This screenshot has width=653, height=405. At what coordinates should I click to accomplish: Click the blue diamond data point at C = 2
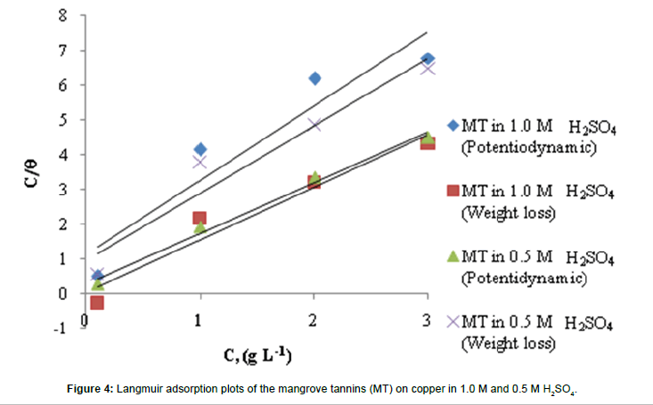[314, 78]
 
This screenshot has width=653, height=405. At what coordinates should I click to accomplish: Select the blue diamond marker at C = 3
[428, 60]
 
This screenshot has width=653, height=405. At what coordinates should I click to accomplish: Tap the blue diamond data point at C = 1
[200, 150]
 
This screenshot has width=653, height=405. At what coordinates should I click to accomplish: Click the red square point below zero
[96, 303]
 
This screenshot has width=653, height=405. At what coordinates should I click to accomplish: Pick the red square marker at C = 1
[200, 218]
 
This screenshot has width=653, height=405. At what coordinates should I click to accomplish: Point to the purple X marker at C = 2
[314, 125]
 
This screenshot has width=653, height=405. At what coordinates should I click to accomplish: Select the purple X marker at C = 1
[200, 162]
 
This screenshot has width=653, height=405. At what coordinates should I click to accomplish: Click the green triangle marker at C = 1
[200, 228]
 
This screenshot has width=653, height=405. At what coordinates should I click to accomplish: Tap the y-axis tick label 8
[61, 16]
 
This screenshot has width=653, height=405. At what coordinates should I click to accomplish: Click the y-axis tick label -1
[59, 328]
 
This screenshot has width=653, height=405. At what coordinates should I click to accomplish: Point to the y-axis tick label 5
[61, 120]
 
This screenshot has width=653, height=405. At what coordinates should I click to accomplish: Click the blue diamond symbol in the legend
[453, 130]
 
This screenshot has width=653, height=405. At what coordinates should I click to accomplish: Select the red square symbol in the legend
[453, 193]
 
